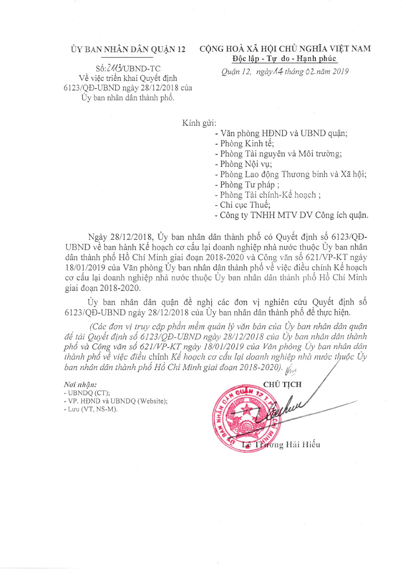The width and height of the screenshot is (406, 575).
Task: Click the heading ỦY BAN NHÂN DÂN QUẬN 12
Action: tap(128, 49)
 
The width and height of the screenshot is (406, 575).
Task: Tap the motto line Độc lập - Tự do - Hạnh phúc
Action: tap(284, 58)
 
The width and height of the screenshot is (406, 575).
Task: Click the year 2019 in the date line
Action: tap(340, 72)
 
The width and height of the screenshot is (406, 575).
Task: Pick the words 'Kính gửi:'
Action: tap(199, 123)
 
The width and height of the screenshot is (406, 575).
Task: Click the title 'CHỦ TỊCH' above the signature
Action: tap(282, 384)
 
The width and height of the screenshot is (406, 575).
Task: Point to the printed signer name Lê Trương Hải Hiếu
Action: tap(281, 445)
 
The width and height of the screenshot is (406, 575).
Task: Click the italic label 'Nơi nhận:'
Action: tap(80, 384)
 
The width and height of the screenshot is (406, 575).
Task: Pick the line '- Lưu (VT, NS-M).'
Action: tap(91, 409)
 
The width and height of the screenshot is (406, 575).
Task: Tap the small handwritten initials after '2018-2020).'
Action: tap(291, 371)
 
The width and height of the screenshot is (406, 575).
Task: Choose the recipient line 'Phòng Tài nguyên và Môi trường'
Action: tap(281, 154)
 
